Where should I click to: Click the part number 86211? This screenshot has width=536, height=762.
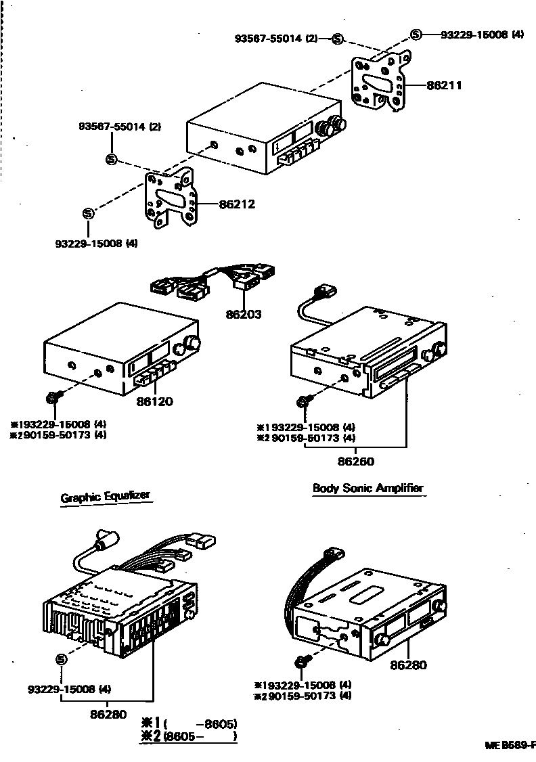[x=443, y=86]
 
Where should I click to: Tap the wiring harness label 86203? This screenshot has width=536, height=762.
[x=244, y=314]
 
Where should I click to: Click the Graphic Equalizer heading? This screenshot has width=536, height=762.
[x=105, y=497]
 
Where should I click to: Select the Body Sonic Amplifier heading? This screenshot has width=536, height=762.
[x=368, y=488]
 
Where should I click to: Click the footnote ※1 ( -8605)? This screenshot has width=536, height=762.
[x=189, y=722]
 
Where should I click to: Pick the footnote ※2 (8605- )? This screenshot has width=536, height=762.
[x=189, y=736]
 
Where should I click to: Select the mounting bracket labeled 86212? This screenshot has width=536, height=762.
[x=171, y=198]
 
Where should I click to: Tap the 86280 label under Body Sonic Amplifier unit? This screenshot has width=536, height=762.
[x=408, y=665]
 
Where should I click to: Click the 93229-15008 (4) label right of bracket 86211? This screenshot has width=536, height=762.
[x=482, y=35]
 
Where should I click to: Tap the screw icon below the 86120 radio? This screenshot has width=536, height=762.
[x=53, y=396]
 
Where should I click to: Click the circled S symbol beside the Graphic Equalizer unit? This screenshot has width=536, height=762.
[x=61, y=659]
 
